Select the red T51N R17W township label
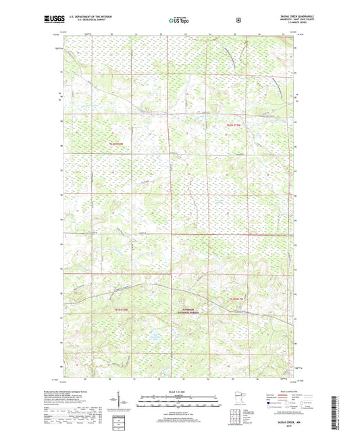234,299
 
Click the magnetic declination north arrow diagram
126,404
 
